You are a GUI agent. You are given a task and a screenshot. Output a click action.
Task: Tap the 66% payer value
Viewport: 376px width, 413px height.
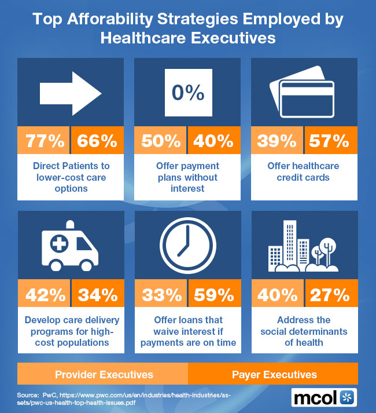(97, 140)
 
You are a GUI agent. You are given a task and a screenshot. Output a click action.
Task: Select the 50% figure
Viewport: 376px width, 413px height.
(160, 140)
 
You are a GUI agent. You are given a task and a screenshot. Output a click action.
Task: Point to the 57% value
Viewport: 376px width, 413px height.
(330, 140)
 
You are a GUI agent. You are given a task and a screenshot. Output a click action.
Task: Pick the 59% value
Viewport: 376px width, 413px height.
(214, 295)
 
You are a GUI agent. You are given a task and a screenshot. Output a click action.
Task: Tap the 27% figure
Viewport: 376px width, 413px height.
(330, 295)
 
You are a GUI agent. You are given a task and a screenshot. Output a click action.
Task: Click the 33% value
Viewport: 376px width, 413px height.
(160, 295)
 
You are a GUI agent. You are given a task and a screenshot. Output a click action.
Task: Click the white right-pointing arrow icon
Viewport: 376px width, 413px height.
(70, 92)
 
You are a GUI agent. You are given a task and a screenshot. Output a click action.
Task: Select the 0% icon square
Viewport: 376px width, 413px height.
(187, 93)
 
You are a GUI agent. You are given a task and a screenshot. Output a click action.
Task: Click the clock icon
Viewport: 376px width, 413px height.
(187, 246)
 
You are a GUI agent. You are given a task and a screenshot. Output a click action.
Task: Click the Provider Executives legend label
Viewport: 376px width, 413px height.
(104, 374)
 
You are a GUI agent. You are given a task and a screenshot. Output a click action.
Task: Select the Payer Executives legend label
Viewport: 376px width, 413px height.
(274, 374)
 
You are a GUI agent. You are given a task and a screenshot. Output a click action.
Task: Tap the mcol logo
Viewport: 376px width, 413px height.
(324, 397)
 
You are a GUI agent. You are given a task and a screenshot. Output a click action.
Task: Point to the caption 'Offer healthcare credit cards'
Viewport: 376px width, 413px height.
(303, 171)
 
